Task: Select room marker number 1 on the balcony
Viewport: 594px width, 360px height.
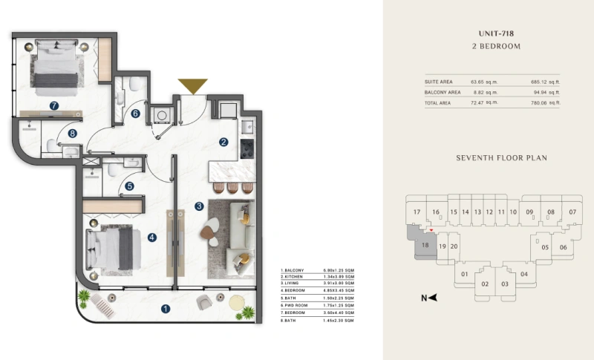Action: click(x=166, y=309)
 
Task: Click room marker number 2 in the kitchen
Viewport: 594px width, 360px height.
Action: click(x=223, y=142)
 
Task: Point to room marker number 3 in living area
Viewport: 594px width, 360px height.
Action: click(x=198, y=206)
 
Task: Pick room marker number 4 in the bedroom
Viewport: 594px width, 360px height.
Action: click(x=151, y=238)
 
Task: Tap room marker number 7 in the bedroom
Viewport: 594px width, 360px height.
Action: click(x=54, y=106)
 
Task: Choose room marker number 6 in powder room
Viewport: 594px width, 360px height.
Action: click(x=136, y=114)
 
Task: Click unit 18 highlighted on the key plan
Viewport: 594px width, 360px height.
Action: click(x=425, y=245)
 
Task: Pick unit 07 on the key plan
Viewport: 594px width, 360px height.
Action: click(x=572, y=212)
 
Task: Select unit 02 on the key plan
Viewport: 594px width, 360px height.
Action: click(x=484, y=284)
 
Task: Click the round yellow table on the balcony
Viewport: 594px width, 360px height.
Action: click(x=238, y=302)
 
